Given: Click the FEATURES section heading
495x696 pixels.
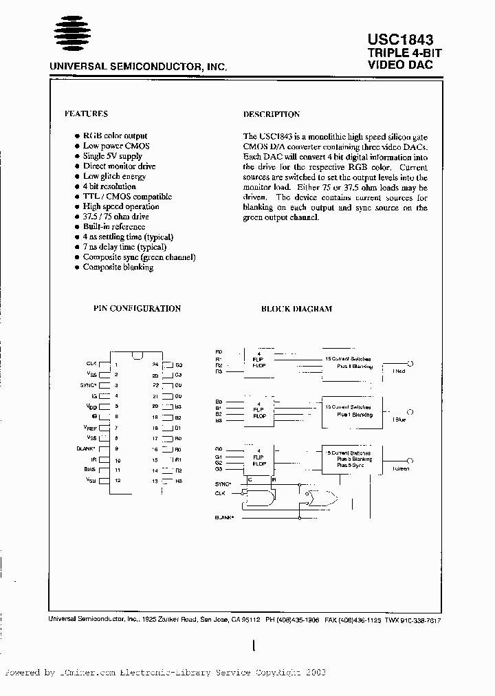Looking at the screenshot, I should [x=86, y=113].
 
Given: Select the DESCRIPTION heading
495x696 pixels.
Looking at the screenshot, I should [x=272, y=114].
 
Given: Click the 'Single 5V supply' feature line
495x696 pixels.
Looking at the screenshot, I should [x=113, y=156].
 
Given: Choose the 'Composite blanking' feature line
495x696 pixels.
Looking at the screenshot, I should [x=118, y=267].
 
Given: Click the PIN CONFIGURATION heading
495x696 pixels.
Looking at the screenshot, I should [x=137, y=309].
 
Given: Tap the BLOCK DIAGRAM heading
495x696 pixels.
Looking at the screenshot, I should [x=296, y=309].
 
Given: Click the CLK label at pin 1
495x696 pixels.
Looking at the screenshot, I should [x=91, y=363].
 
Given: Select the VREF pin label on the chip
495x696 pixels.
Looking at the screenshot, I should [x=91, y=427].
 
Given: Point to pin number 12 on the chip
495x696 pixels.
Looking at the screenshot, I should [x=118, y=480].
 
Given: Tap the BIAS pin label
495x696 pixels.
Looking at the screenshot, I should [x=91, y=470].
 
